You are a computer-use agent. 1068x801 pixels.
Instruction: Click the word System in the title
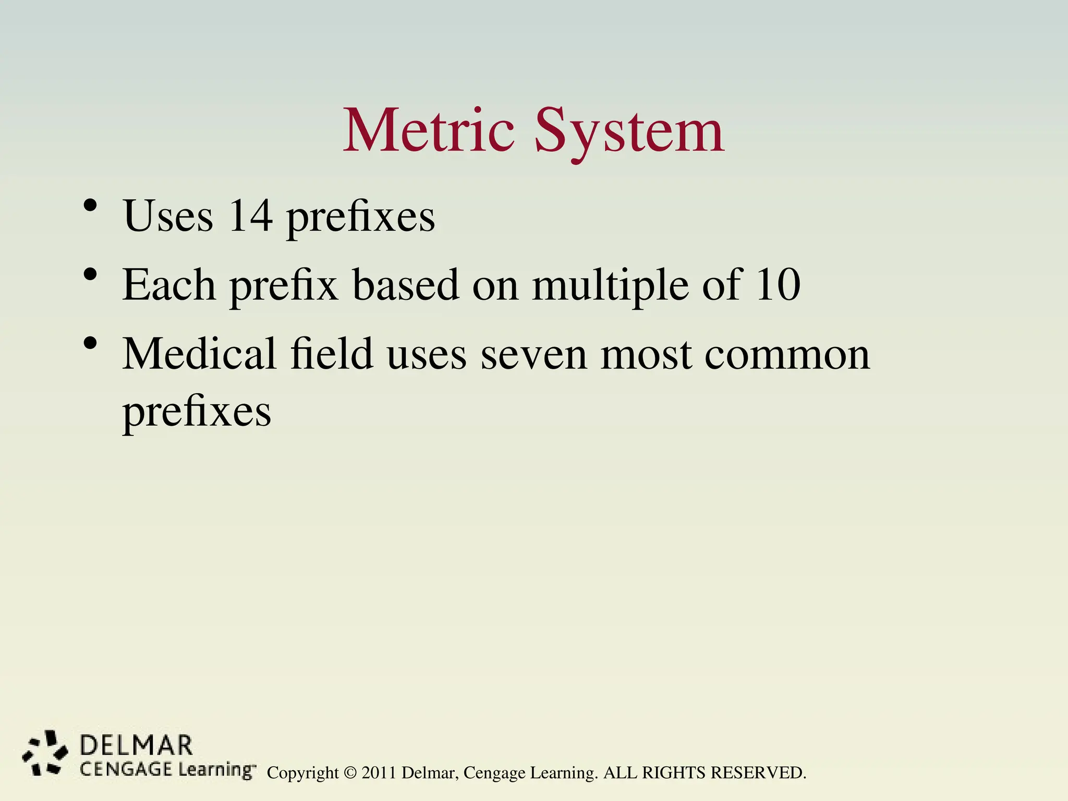click(x=629, y=131)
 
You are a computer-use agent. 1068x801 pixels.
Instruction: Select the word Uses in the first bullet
click(x=168, y=216)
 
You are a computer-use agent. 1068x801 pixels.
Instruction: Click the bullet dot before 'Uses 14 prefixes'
click(x=90, y=205)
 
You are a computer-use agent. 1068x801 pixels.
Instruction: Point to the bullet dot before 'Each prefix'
click(x=90, y=274)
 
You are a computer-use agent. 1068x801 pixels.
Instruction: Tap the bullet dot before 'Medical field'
click(x=90, y=344)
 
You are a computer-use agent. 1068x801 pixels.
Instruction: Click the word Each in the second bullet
click(x=168, y=285)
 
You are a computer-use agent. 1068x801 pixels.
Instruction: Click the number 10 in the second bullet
click(x=778, y=285)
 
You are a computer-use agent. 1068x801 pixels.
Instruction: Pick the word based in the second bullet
click(x=406, y=285)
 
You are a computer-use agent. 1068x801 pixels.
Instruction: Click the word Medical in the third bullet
click(x=199, y=354)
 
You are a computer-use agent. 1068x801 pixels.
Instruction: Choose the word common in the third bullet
click(x=787, y=355)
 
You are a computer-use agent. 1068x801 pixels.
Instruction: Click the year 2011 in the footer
click(x=379, y=773)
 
